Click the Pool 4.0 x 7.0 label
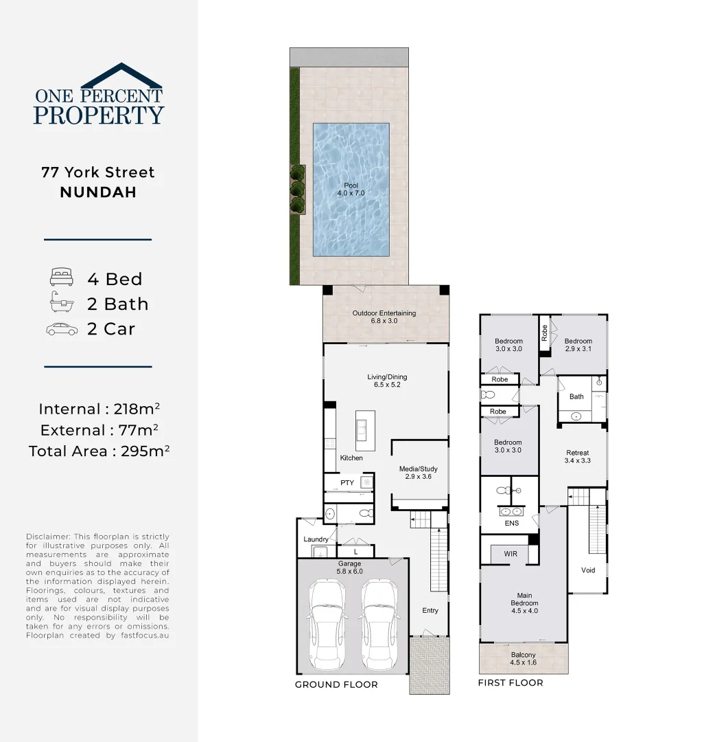[351, 190]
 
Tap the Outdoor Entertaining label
[384, 317]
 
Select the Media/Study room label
[418, 473]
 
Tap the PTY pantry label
[347, 483]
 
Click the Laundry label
[316, 539]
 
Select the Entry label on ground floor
[430, 611]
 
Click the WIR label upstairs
[510, 553]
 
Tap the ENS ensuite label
[511, 524]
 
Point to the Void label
[588, 570]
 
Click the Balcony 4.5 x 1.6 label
[523, 659]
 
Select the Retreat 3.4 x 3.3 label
[577, 457]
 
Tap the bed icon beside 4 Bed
[61, 278]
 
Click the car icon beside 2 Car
[62, 329]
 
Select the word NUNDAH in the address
[98, 192]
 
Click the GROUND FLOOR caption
[336, 685]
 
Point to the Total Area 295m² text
[99, 451]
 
